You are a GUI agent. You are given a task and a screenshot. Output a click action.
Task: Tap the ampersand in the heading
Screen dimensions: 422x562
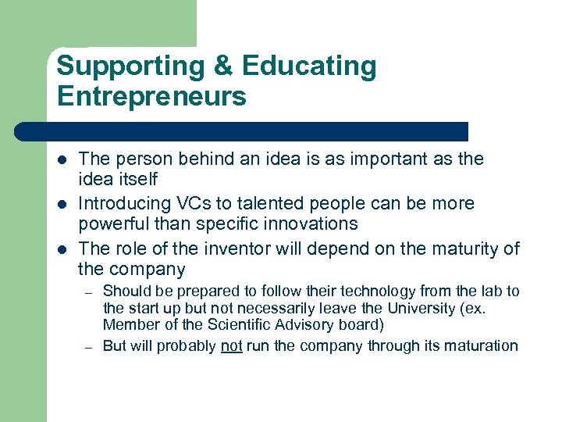pos(222,66)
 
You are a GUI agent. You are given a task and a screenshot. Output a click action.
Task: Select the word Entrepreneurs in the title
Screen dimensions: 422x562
pos(151,97)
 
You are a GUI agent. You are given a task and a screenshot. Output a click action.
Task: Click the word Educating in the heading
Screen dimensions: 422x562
pos(309,66)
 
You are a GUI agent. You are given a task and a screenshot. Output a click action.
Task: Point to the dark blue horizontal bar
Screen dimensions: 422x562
pos(242,131)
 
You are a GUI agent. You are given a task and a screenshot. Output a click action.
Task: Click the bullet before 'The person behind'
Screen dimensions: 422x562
pos(62,160)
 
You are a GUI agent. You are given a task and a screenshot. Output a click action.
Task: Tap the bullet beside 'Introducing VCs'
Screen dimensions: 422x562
pos(62,205)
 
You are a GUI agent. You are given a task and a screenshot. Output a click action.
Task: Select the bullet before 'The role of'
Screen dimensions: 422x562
pos(62,250)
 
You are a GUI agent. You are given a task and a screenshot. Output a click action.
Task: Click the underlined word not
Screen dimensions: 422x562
pos(232,346)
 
